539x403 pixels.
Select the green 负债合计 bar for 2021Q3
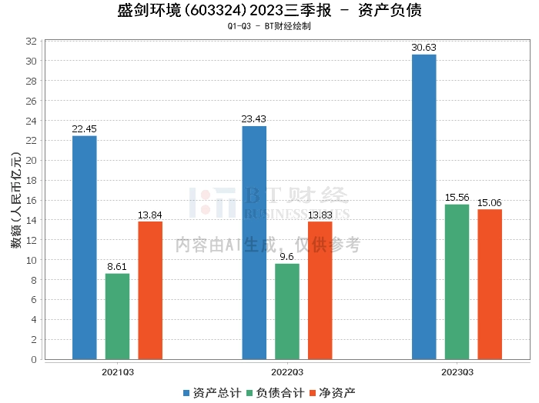(118, 316)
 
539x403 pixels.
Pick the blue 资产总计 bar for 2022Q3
(254, 243)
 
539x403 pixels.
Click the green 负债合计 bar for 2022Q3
(287, 311)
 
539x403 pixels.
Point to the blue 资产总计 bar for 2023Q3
(424, 207)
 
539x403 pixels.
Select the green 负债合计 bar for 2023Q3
(457, 281)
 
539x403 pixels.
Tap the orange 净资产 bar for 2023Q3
(490, 284)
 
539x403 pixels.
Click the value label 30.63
(424, 48)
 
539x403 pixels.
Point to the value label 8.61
(118, 267)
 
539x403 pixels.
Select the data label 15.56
(457, 198)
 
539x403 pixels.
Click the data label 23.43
(254, 119)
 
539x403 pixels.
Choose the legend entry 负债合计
(274, 392)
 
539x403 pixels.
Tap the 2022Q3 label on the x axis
(287, 373)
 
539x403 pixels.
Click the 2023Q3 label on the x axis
(457, 373)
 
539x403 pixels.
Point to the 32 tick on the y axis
(32, 41)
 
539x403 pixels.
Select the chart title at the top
(269, 11)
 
